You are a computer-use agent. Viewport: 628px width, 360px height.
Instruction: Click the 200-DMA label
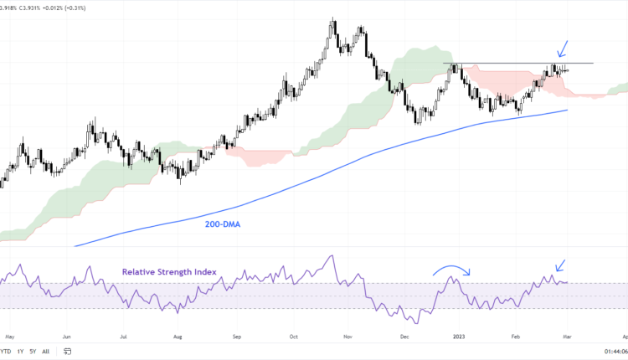pos(222,224)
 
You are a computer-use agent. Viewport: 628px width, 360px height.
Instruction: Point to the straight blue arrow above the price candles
pos(565,49)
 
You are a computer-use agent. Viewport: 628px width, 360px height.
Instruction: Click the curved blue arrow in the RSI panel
pos(452,269)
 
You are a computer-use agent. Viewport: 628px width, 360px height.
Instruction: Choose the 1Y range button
pos(19,351)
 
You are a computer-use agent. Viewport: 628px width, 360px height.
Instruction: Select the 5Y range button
pos(33,351)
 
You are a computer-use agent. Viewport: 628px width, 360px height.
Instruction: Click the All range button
pos(45,351)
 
